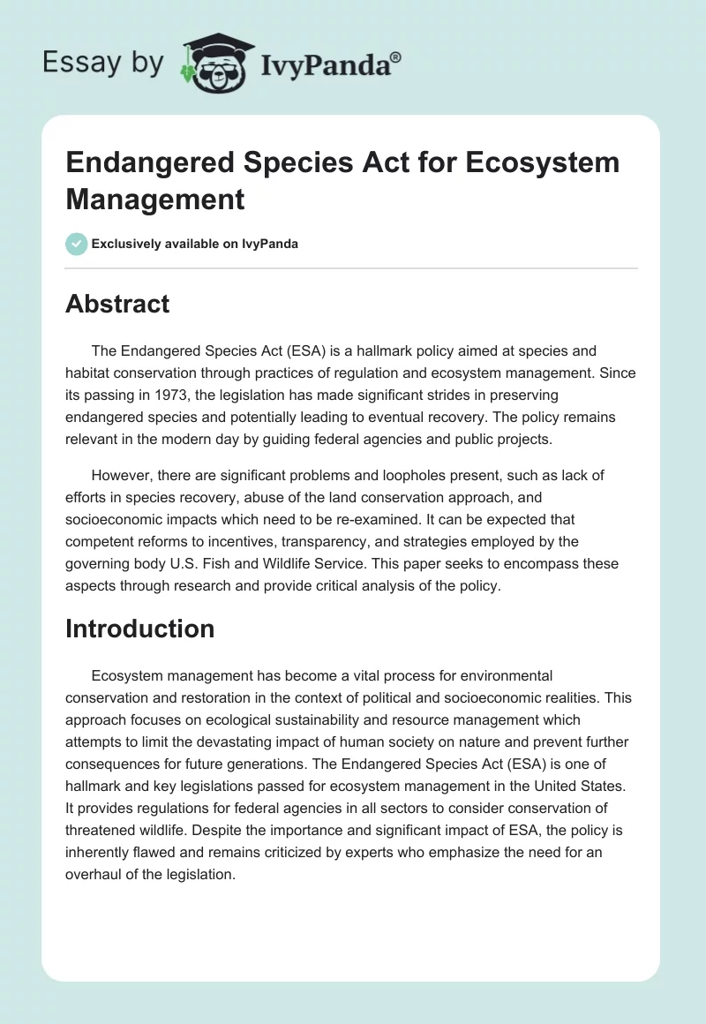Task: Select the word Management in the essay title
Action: click(155, 199)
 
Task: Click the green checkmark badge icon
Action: click(77, 244)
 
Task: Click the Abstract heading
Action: click(117, 304)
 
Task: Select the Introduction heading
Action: click(139, 629)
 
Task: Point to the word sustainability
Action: click(304, 698)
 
